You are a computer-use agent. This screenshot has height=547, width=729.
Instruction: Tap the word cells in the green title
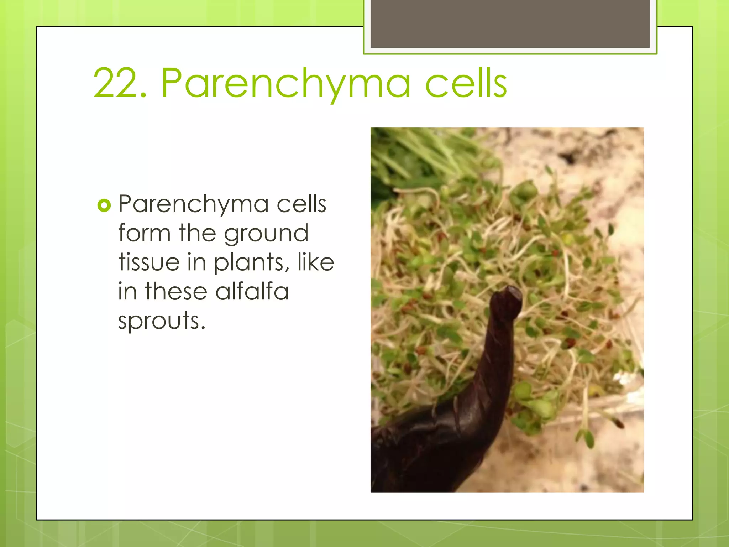(466, 83)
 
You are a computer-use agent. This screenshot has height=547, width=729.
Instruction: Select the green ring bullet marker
(104, 205)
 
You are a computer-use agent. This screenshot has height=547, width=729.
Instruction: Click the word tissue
(149, 262)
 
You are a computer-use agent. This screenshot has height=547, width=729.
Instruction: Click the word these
(176, 291)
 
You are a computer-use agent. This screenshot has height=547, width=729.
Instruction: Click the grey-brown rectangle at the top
(510, 24)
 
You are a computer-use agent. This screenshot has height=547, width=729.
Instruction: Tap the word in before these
(127, 291)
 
